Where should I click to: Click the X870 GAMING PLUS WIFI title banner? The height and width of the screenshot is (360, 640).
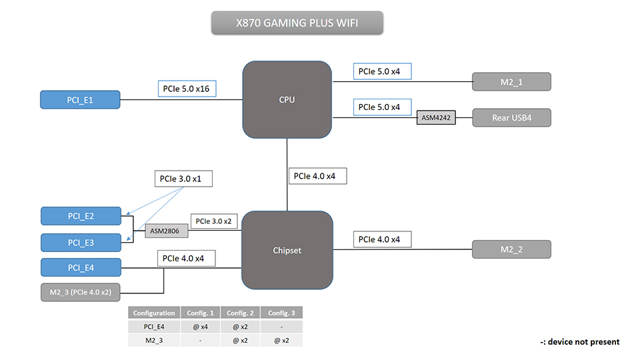(297, 24)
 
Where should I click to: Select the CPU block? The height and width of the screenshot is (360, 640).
(287, 100)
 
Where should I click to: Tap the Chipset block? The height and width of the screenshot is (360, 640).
(287, 250)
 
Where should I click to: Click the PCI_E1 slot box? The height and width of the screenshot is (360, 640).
(80, 100)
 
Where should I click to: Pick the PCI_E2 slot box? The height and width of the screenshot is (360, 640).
(81, 216)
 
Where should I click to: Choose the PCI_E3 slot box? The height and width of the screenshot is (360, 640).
(81, 242)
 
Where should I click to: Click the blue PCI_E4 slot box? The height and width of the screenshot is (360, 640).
(81, 267)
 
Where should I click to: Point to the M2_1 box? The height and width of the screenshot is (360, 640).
(511, 81)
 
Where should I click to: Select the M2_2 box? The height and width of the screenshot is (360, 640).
(511, 249)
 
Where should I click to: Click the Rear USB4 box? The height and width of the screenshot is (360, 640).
(511, 118)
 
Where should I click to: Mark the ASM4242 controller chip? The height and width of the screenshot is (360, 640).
(436, 118)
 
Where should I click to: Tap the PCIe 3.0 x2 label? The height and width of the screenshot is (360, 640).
(213, 221)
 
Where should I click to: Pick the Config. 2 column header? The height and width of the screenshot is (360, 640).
(241, 313)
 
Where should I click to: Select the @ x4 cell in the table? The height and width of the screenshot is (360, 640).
(200, 327)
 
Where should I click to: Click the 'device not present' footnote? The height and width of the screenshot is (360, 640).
(579, 341)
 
